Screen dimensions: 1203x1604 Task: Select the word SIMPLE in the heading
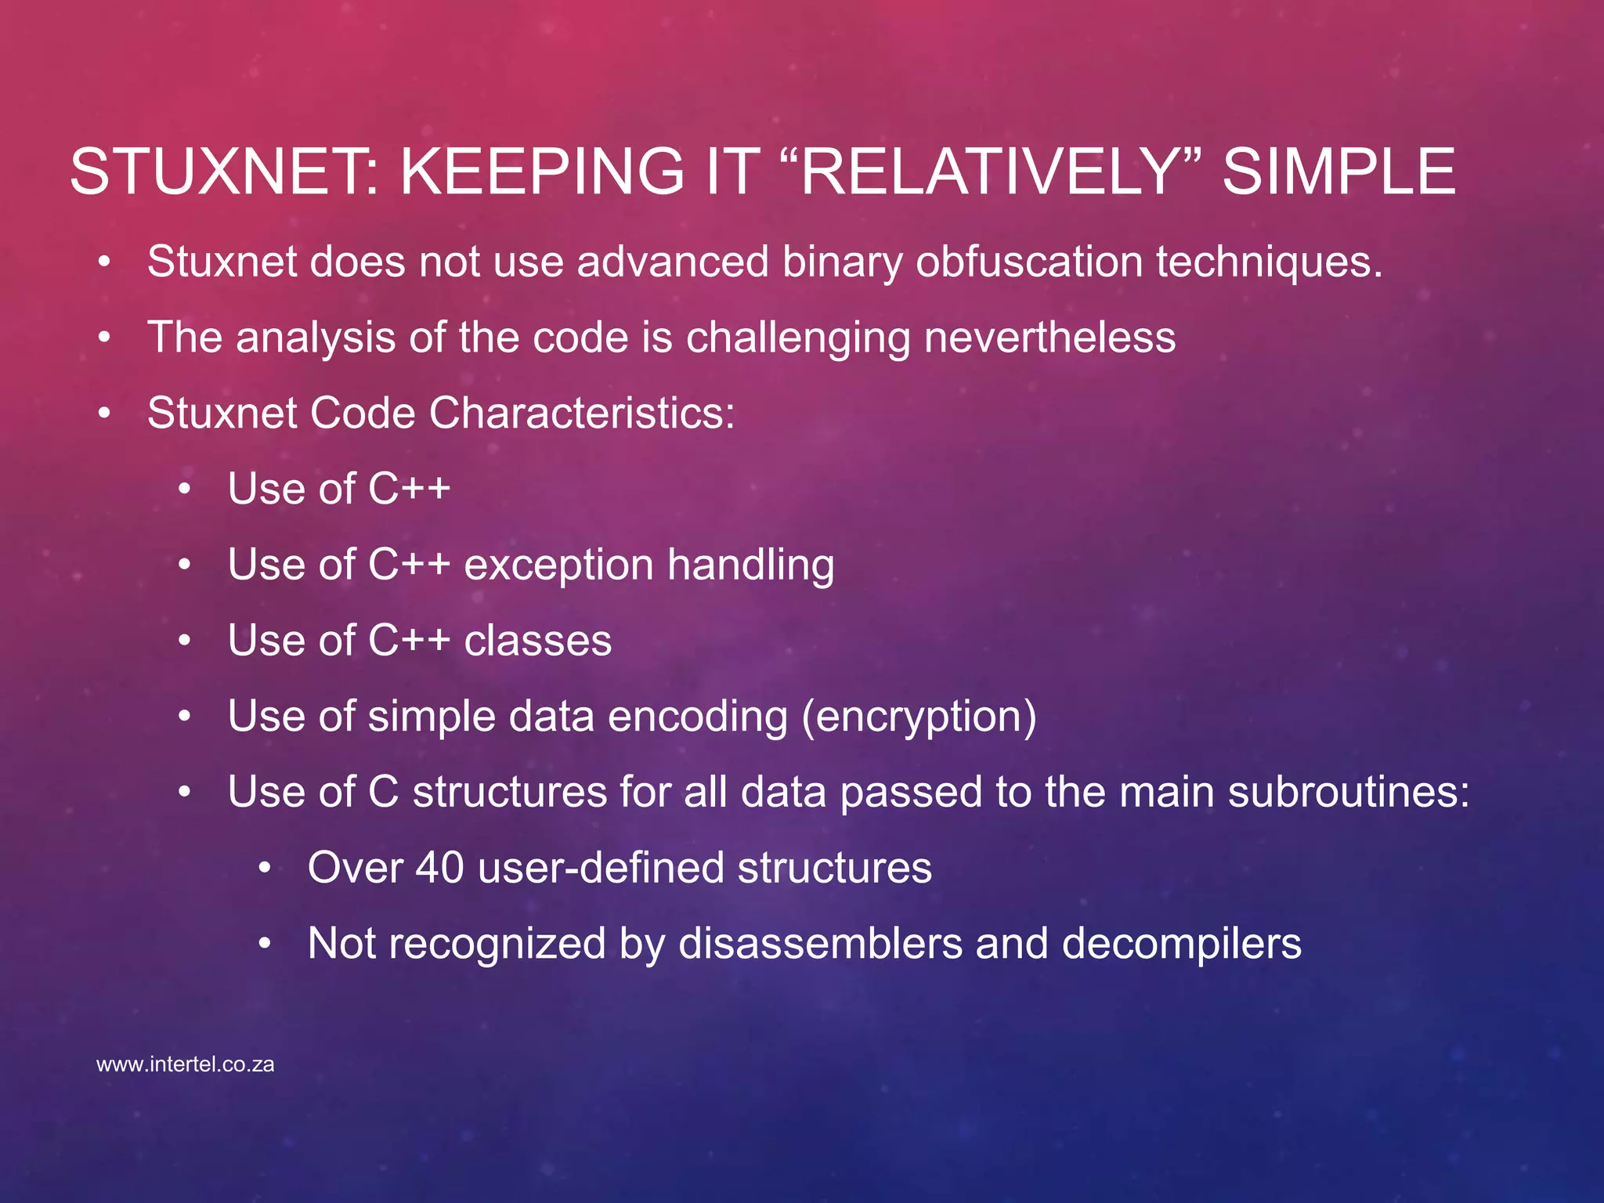point(1338,172)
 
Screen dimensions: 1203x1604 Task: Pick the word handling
point(751,565)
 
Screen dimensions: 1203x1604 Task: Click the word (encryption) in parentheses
point(919,717)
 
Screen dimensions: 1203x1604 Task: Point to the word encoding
point(697,717)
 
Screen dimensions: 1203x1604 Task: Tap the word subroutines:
point(1349,792)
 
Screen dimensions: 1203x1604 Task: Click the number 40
point(439,868)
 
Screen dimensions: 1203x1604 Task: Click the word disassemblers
point(820,943)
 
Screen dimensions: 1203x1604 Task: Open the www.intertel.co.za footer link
point(185,1064)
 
